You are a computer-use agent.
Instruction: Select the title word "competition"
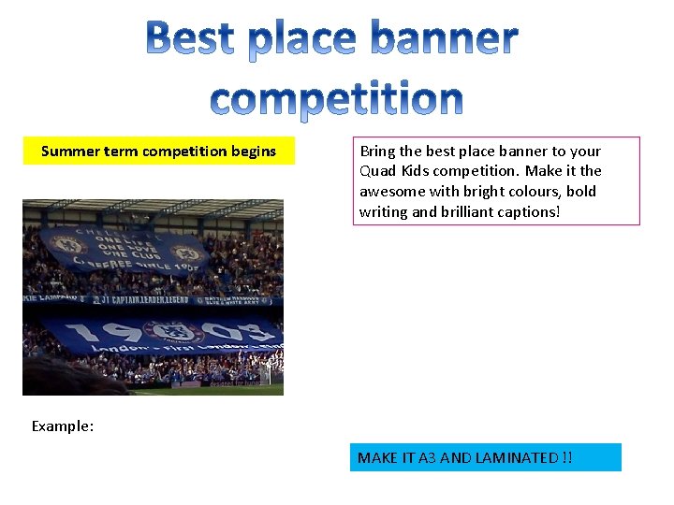(336, 97)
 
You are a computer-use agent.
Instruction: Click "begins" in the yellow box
(255, 151)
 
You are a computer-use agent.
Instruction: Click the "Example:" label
(63, 426)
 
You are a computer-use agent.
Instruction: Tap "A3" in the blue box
(427, 457)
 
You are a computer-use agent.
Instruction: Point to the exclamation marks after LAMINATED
(567, 457)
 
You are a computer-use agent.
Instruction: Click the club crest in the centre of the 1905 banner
(169, 334)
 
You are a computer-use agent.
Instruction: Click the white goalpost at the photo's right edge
(271, 373)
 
